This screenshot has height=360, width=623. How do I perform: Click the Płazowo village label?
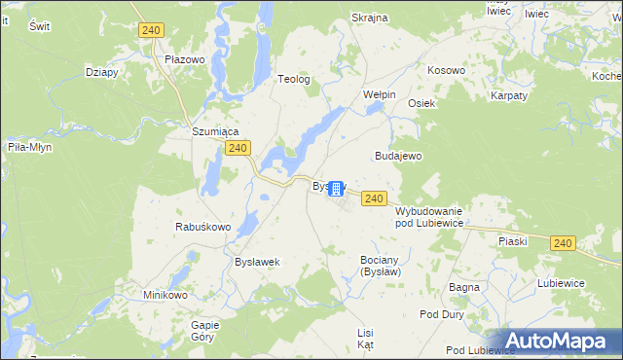tap(184, 58)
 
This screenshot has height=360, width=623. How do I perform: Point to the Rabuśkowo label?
tap(202, 227)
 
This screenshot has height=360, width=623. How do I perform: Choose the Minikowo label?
tap(165, 295)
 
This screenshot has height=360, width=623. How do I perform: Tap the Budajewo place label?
tap(398, 156)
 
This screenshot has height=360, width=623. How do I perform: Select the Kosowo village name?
tap(447, 71)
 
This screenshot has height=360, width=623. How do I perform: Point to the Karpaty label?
tap(508, 95)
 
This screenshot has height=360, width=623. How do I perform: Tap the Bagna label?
tap(463, 287)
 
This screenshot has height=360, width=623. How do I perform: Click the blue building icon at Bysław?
tap(337, 188)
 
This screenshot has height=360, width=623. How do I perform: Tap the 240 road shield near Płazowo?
tap(150, 31)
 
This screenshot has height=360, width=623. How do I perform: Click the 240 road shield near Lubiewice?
tap(562, 243)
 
